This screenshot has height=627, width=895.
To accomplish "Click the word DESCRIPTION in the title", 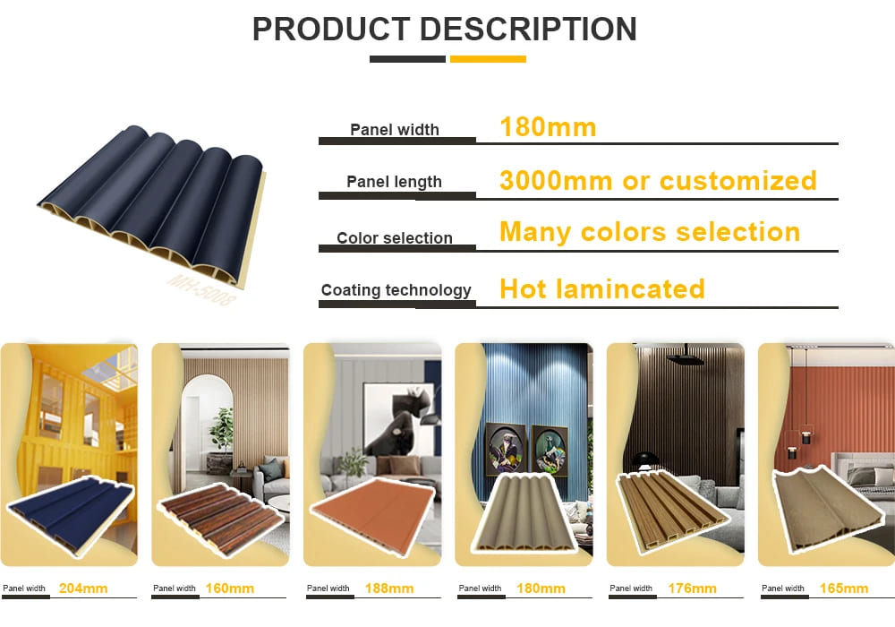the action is (x=528, y=30).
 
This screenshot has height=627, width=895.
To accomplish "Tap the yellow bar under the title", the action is (x=488, y=59).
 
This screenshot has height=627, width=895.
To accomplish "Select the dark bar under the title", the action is (x=407, y=59).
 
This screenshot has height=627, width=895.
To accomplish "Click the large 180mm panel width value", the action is (x=548, y=127).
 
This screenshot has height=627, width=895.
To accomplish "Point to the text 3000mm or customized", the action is (x=658, y=180).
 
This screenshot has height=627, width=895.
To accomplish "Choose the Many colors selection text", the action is (x=650, y=232).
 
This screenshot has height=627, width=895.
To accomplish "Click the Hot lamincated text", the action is (x=602, y=289).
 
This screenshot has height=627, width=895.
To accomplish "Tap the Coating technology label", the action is (x=396, y=290).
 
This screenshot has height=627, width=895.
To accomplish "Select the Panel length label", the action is (x=395, y=182).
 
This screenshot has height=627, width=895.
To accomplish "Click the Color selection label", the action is (x=395, y=237).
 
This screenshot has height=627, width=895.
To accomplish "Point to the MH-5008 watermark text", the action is (x=200, y=289).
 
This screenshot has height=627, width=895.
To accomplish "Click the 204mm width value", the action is (x=83, y=588).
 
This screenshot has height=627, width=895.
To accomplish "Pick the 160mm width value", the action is (x=230, y=588).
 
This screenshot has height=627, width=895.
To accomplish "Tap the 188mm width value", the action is (x=389, y=588).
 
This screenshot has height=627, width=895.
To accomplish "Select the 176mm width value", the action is (x=692, y=588).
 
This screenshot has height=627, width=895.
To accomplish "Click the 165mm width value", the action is (x=844, y=588).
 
